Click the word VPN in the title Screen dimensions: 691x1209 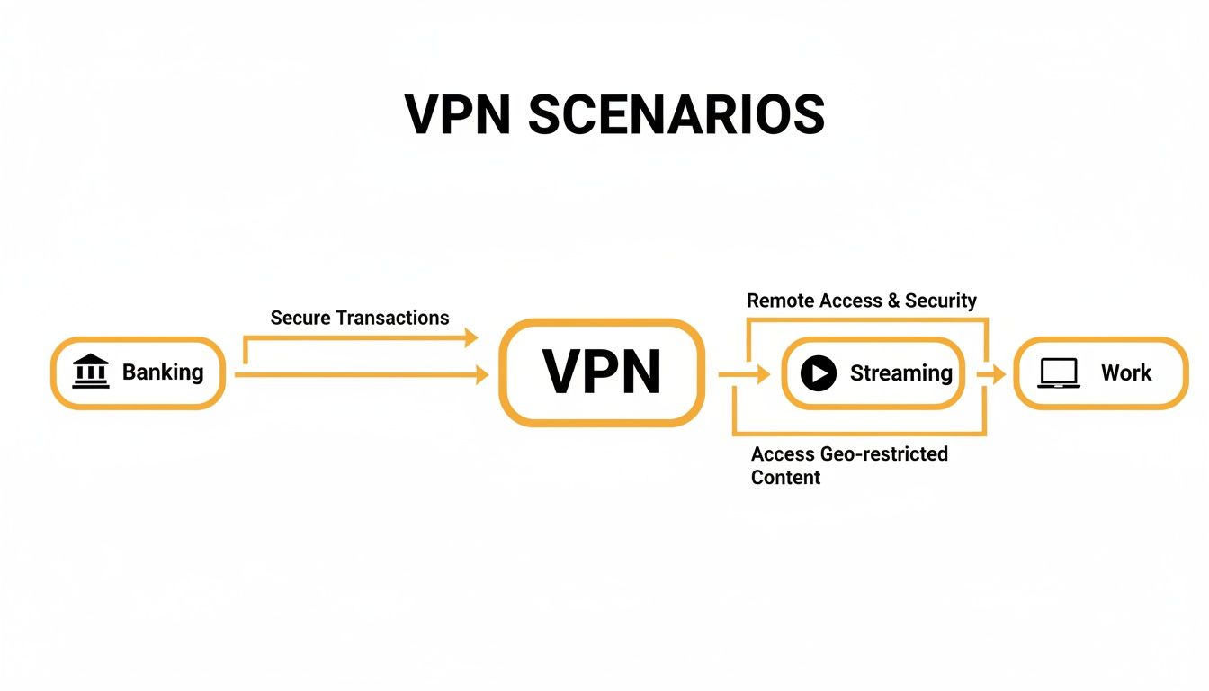tap(458, 113)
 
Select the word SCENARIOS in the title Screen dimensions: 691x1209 tap(676, 113)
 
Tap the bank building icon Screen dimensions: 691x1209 tap(90, 372)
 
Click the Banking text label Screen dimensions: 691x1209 tap(163, 372)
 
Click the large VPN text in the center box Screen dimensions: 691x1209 tap(602, 372)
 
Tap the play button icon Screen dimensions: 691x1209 tap(819, 372)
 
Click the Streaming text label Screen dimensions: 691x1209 tap(900, 372)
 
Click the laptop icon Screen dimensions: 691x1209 tap(1058, 372)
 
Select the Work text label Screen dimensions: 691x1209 tap(1125, 372)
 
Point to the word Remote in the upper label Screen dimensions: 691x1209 tap(779, 301)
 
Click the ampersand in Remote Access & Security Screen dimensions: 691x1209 tap(893, 301)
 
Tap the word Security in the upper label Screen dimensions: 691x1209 tap(941, 301)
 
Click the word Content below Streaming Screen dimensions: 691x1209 tap(785, 477)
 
